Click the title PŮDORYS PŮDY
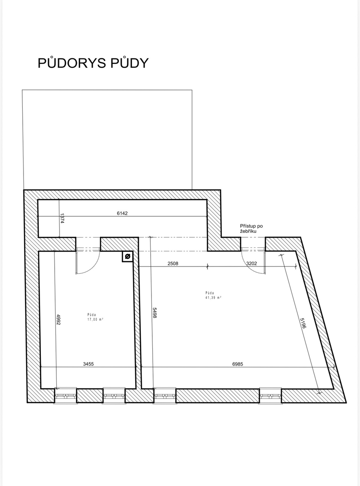point(93,63)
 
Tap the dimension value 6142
point(122,213)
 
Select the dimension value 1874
point(62,218)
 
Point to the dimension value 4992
point(58,320)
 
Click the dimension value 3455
point(88,364)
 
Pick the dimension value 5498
point(155,313)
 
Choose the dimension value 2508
point(173,264)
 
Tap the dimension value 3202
point(251,263)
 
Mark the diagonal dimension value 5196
point(303,323)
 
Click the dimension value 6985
point(238,364)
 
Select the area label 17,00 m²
point(95,320)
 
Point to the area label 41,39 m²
point(213,298)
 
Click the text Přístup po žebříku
point(251,228)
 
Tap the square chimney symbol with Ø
point(128,256)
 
